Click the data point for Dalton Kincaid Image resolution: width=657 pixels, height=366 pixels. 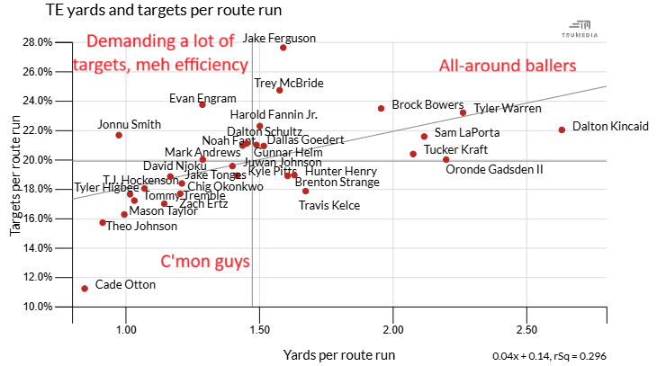click(x=562, y=129)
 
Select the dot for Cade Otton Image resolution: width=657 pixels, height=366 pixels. click(x=85, y=289)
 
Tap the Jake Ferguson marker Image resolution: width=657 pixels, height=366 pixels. click(x=283, y=47)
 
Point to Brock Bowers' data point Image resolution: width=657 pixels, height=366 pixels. click(x=381, y=108)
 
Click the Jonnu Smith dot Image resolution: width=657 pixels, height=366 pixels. click(x=119, y=135)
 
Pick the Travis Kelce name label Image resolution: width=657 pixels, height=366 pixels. click(x=329, y=205)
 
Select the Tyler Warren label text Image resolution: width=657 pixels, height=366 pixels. click(x=508, y=109)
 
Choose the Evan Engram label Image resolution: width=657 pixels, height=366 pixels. click(x=202, y=98)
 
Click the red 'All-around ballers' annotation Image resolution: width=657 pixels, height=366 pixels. click(x=508, y=66)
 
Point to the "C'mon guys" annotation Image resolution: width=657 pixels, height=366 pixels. click(x=204, y=263)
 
